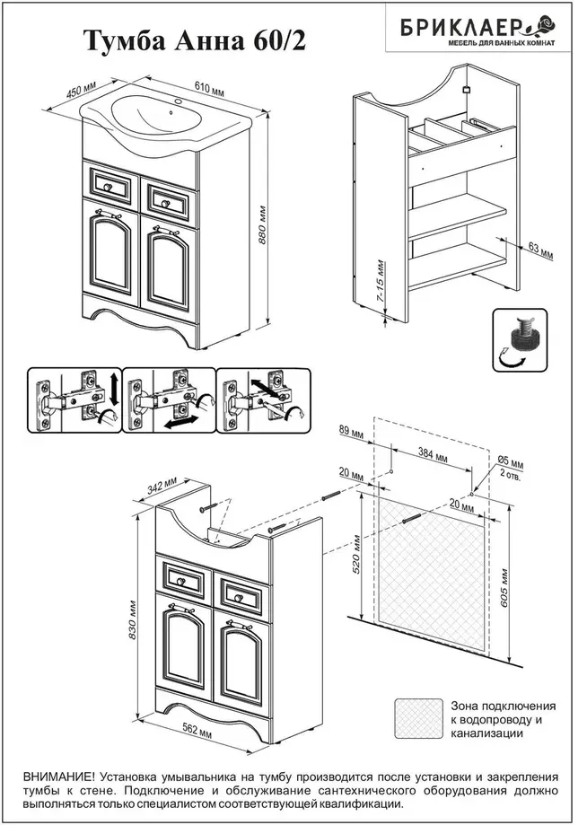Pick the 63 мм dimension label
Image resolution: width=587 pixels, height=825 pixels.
540,250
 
